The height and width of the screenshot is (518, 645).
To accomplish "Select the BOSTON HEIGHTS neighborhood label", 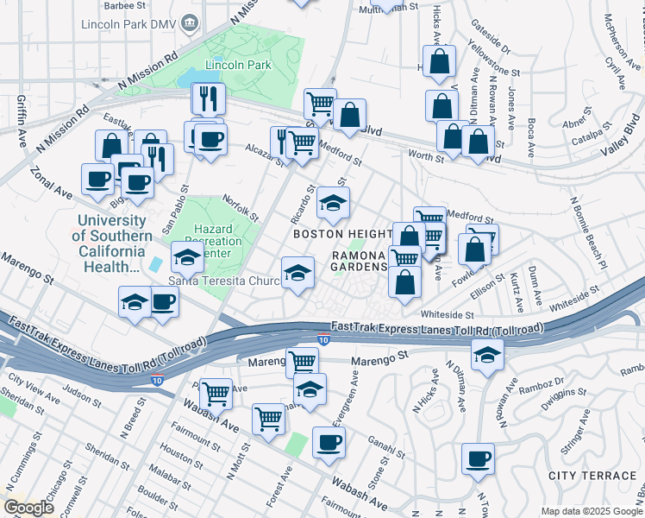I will point(342,234).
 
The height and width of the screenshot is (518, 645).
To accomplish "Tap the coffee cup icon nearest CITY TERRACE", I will point(478,458).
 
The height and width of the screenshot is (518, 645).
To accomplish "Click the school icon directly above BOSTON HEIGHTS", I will point(334,203).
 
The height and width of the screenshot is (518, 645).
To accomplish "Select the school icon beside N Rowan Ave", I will point(487,354).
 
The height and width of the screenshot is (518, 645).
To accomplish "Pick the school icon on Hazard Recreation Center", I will point(187,256).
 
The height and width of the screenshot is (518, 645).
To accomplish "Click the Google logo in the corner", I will point(28,508).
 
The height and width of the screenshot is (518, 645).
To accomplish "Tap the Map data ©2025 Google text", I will point(590,511).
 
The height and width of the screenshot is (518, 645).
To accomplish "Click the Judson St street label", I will point(82,395).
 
